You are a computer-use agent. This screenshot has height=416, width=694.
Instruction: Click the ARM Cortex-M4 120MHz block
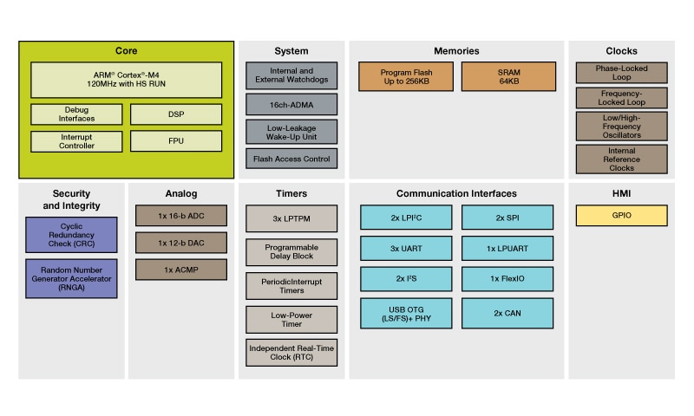point(127,79)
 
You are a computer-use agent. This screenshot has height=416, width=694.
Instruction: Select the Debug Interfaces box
point(77,114)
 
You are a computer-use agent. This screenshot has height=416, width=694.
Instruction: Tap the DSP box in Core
point(176,114)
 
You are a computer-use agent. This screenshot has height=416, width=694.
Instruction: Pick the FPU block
point(176,140)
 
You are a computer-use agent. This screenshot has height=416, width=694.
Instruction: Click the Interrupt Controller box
point(77,140)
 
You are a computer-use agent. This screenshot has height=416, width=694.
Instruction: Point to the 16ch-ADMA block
point(291,105)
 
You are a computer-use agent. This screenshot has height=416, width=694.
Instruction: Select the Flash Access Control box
point(291,159)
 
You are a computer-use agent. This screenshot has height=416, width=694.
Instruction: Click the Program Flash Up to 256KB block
point(406,76)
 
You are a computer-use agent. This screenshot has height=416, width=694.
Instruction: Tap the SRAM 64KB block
point(508,76)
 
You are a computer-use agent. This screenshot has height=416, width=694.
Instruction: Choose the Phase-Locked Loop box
point(621,73)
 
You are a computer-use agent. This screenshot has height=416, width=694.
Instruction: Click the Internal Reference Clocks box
point(621,159)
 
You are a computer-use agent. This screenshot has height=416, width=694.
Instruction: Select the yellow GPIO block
point(621,216)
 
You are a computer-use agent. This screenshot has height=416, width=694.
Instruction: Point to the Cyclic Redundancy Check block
point(71,235)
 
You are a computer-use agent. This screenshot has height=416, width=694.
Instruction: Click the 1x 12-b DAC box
point(180,243)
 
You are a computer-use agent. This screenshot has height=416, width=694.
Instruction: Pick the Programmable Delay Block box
point(291,252)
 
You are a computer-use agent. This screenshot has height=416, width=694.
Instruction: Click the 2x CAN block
point(508,313)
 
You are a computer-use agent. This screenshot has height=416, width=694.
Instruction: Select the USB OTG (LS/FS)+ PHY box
point(406,313)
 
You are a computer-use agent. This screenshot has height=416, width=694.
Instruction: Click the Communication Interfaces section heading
point(456,193)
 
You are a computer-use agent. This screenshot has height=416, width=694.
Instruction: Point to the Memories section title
point(456,51)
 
